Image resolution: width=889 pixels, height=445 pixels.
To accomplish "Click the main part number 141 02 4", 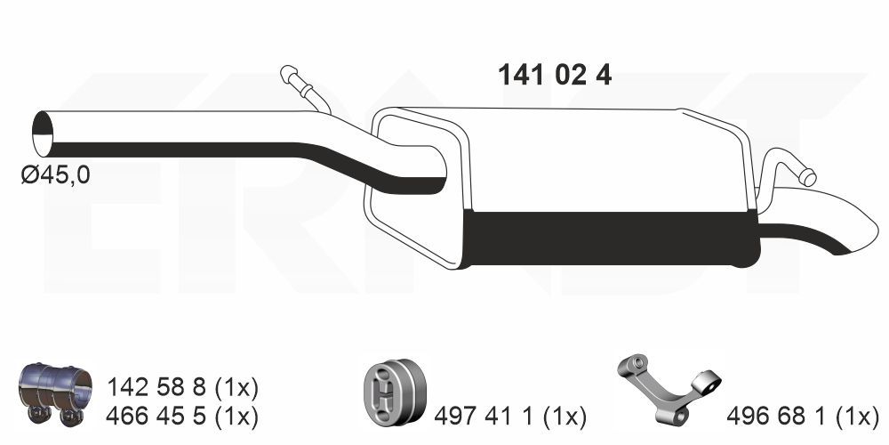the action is click(555, 75).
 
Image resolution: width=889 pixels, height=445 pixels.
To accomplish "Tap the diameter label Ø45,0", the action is click(55, 174).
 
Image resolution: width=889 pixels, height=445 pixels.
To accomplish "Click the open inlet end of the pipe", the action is click(43, 134).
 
